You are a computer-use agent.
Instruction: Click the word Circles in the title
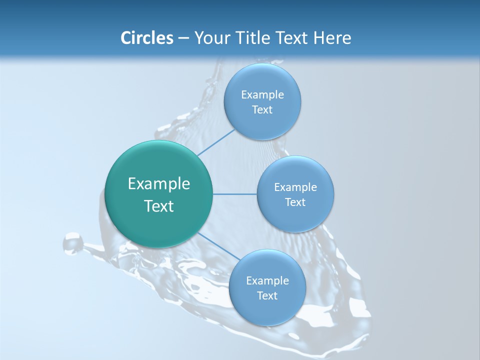click(x=147, y=38)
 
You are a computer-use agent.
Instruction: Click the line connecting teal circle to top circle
click(x=216, y=142)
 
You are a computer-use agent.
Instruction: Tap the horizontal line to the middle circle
click(x=234, y=194)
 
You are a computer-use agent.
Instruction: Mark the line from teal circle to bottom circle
click(x=215, y=245)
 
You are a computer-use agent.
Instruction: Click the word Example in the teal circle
click(x=159, y=184)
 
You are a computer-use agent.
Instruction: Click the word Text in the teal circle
click(x=159, y=206)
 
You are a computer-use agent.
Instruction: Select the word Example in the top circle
click(x=262, y=95)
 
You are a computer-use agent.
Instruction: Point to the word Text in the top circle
click(x=262, y=110)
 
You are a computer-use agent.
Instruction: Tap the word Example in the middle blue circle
click(x=295, y=187)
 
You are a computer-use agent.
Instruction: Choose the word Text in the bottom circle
click(x=267, y=296)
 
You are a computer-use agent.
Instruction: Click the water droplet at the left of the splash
click(x=73, y=243)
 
